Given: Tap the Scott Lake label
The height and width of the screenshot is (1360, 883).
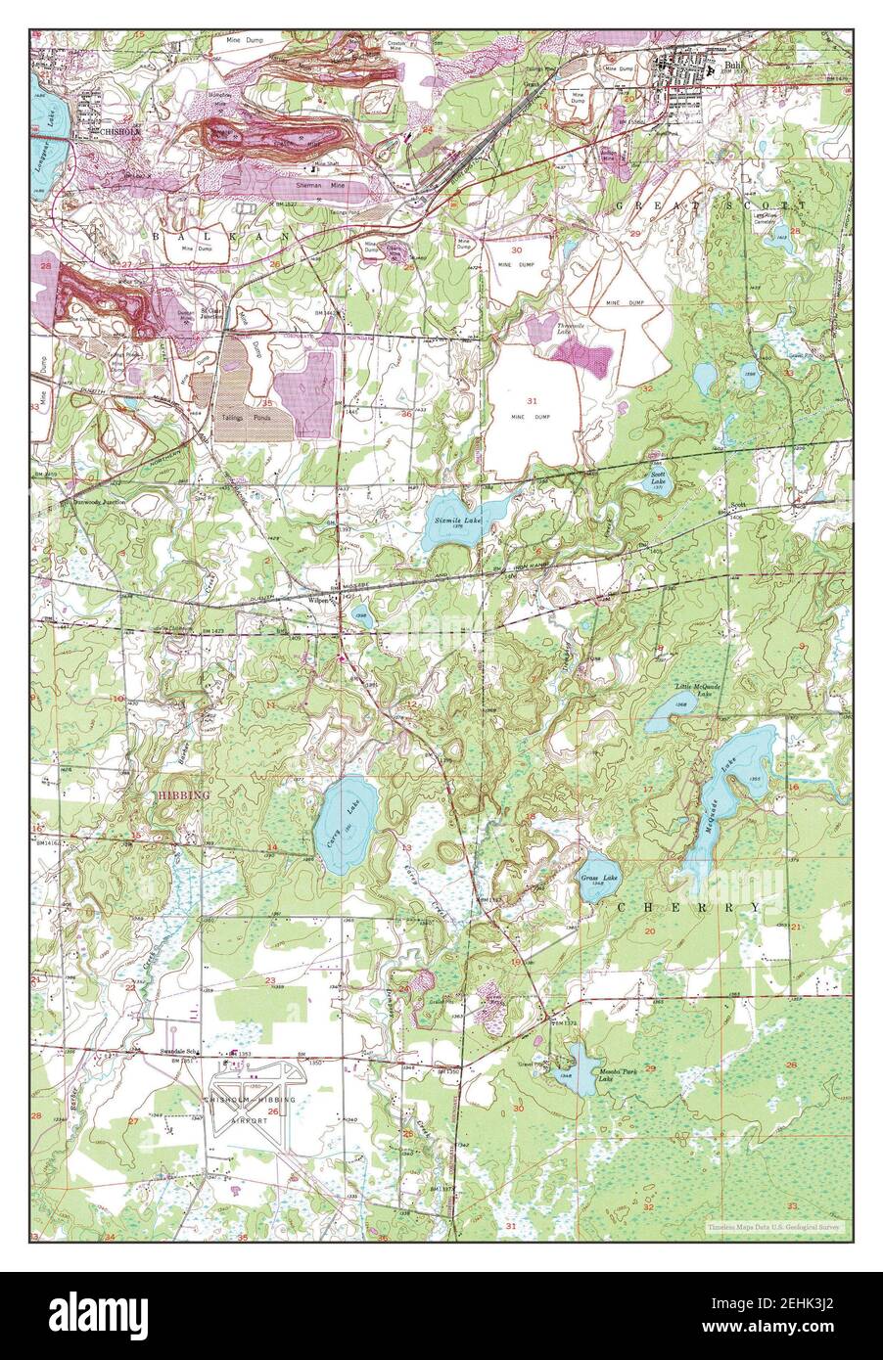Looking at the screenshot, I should (660, 478).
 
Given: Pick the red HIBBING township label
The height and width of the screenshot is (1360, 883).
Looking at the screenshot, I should (183, 796).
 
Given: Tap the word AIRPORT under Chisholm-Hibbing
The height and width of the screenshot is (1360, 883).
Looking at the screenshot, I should (249, 1117).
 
